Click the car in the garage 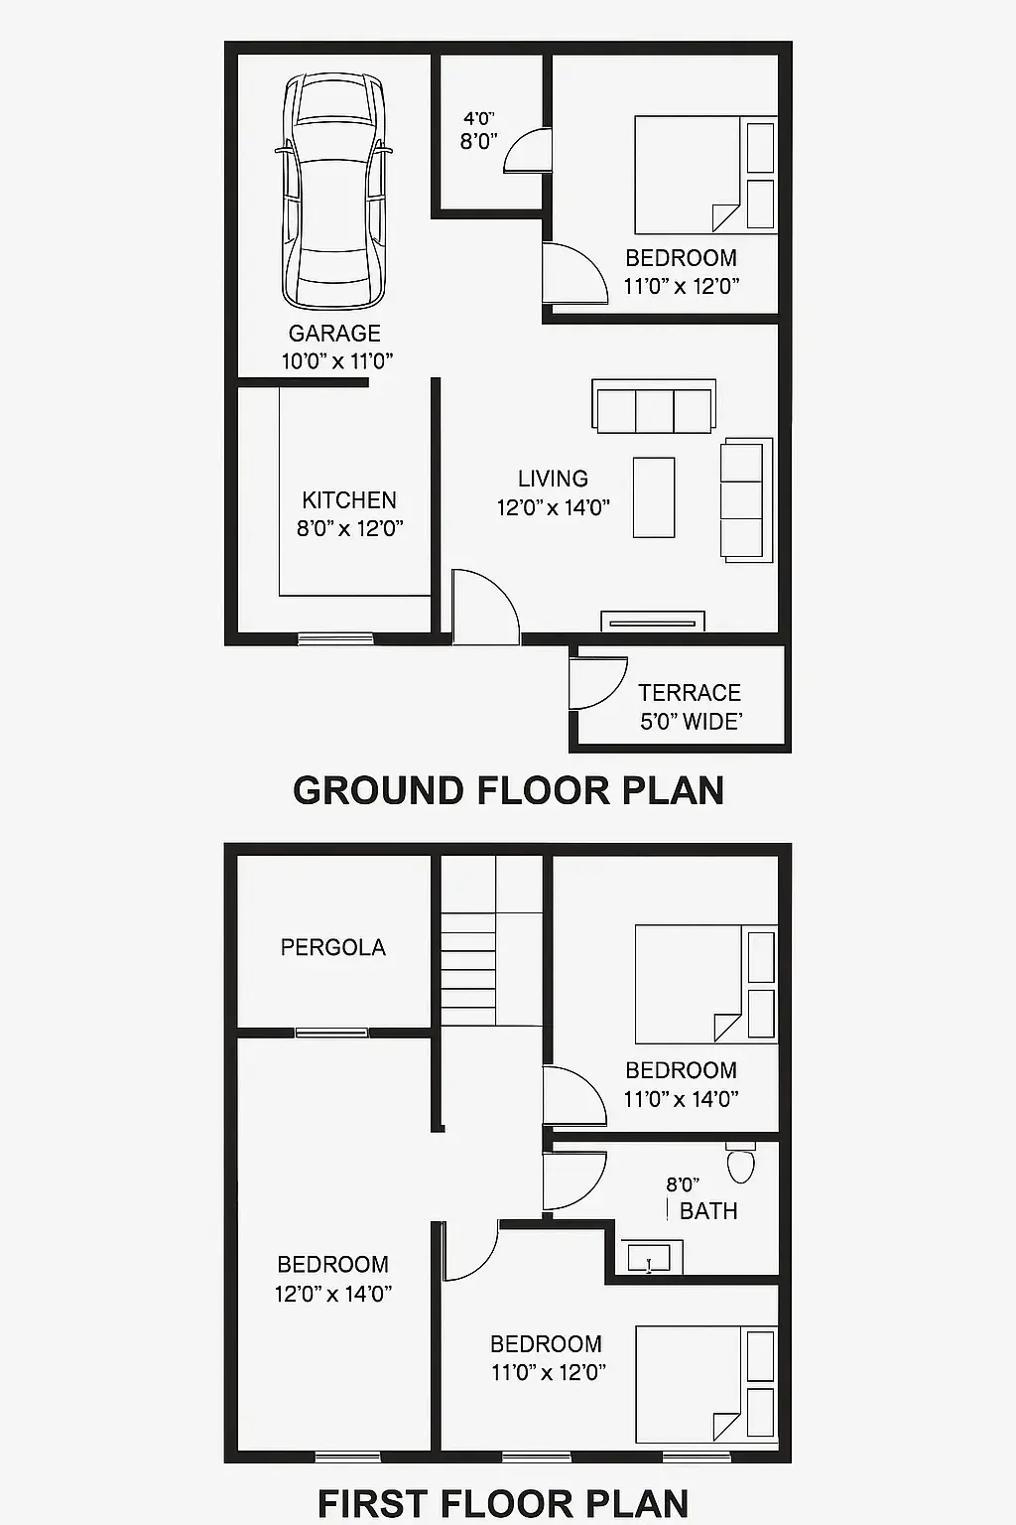click(x=333, y=193)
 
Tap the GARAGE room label click(x=334, y=334)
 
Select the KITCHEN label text click(x=349, y=500)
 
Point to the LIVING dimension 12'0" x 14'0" click(x=553, y=508)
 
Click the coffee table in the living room click(x=654, y=497)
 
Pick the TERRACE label click(x=690, y=693)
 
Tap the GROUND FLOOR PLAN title click(x=508, y=790)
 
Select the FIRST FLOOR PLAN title click(x=503, y=1503)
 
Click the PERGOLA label click(x=332, y=948)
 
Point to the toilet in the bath click(x=740, y=1164)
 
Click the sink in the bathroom click(x=650, y=1259)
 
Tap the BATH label click(x=708, y=1211)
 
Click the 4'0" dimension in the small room click(x=478, y=119)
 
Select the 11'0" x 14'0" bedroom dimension click(x=681, y=1099)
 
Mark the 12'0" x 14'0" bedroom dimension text click(x=333, y=1294)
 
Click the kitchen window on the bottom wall click(x=335, y=638)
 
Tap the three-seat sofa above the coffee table click(x=654, y=407)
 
